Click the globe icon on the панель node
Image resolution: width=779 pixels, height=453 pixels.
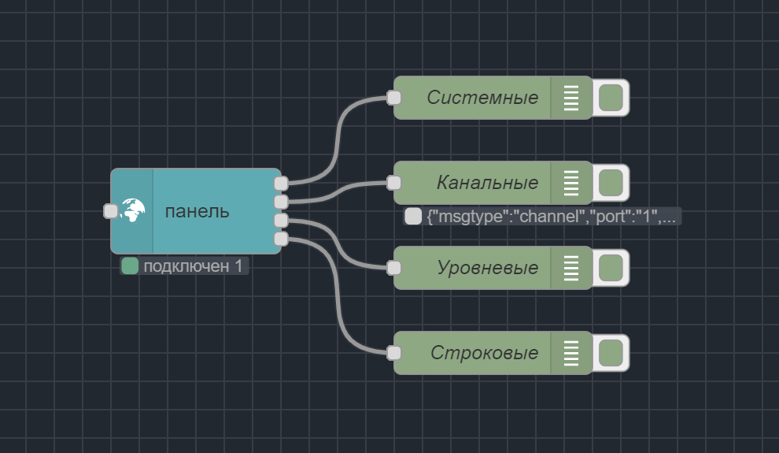pyautogui.click(x=132, y=210)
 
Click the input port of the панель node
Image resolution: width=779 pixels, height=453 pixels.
pyautogui.click(x=111, y=211)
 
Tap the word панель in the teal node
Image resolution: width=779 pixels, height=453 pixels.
pyautogui.click(x=198, y=211)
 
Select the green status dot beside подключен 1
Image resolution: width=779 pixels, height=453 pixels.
pyautogui.click(x=131, y=266)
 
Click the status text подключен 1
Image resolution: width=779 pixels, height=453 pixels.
pyautogui.click(x=193, y=266)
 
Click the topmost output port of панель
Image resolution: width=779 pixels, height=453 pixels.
pyautogui.click(x=281, y=184)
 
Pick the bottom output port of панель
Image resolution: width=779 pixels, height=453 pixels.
pyautogui.click(x=281, y=238)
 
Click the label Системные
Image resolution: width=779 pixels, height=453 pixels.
pyautogui.click(x=482, y=98)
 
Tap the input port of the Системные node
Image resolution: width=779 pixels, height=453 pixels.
pyautogui.click(x=394, y=98)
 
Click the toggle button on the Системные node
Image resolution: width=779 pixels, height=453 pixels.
pyautogui.click(x=611, y=98)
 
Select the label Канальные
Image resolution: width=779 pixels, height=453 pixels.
pyautogui.click(x=487, y=183)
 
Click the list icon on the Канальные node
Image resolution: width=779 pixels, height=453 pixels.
pyautogui.click(x=571, y=183)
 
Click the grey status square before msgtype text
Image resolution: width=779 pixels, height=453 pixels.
pyautogui.click(x=413, y=217)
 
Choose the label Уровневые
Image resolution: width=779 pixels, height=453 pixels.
pyautogui.click(x=487, y=268)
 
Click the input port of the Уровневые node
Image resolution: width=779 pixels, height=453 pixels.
pyautogui.click(x=394, y=268)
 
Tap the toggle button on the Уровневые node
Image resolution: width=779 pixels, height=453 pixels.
pyautogui.click(x=611, y=268)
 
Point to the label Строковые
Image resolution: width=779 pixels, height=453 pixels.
pyautogui.click(x=484, y=353)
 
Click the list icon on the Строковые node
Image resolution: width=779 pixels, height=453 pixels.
pyautogui.click(x=571, y=353)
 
